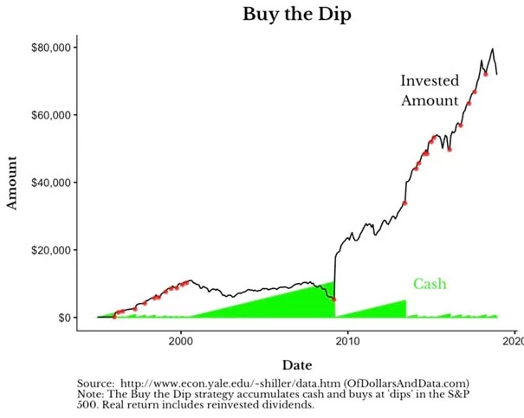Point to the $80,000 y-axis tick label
pyautogui.click(x=49, y=48)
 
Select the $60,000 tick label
pyautogui.click(x=49, y=115)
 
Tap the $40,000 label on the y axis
pyautogui.click(x=49, y=183)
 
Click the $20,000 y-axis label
pyautogui.click(x=49, y=250)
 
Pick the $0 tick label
pyautogui.click(x=65, y=318)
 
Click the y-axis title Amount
pyautogui.click(x=13, y=183)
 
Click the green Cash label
pyautogui.click(x=430, y=284)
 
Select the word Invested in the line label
pyautogui.click(x=430, y=81)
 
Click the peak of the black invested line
pyautogui.click(x=493, y=49)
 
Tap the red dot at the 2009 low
pyautogui.click(x=334, y=299)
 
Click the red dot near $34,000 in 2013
pyautogui.click(x=405, y=203)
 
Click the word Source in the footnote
pyautogui.click(x=94, y=383)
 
